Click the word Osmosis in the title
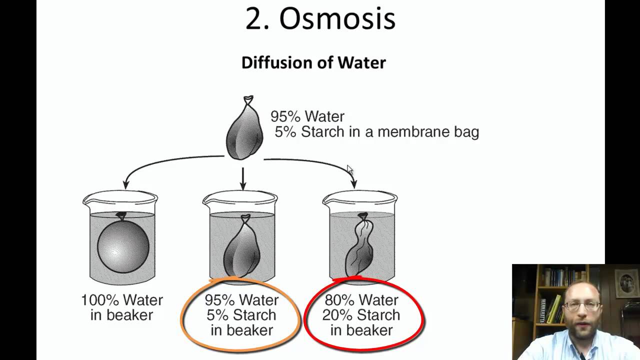click(337, 19)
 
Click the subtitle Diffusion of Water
click(313, 62)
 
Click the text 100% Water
click(122, 300)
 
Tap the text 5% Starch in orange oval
click(241, 315)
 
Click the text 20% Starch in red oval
click(361, 315)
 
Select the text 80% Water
click(361, 300)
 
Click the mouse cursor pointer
click(349, 169)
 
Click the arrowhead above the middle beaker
click(243, 185)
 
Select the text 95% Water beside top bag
click(307, 116)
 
